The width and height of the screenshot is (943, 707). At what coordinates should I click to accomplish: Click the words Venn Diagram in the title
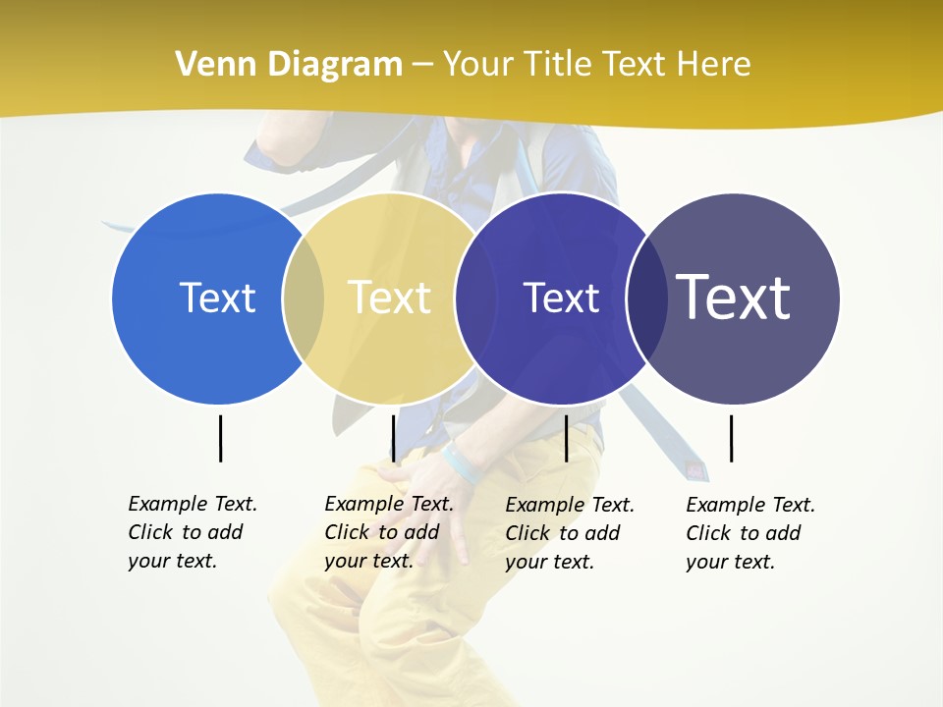coord(289,65)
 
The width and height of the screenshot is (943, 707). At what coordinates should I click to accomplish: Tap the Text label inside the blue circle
coord(217,298)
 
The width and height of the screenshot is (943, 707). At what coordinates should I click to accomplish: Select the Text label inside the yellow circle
coord(389,298)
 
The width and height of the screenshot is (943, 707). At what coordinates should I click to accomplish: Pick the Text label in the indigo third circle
coord(561,298)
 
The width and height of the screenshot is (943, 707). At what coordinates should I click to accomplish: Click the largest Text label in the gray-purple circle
coord(733,297)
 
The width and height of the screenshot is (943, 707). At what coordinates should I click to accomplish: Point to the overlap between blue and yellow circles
coord(304,299)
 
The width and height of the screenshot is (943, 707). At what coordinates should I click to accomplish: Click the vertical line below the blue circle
coord(220,438)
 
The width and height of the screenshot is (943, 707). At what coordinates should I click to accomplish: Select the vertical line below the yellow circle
coord(393,438)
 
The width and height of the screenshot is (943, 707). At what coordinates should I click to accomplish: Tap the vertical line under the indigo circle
coord(566,438)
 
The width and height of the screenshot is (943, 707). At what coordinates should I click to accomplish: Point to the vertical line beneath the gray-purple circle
coord(731,438)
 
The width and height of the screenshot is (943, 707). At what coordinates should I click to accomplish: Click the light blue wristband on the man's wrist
coord(462,464)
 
